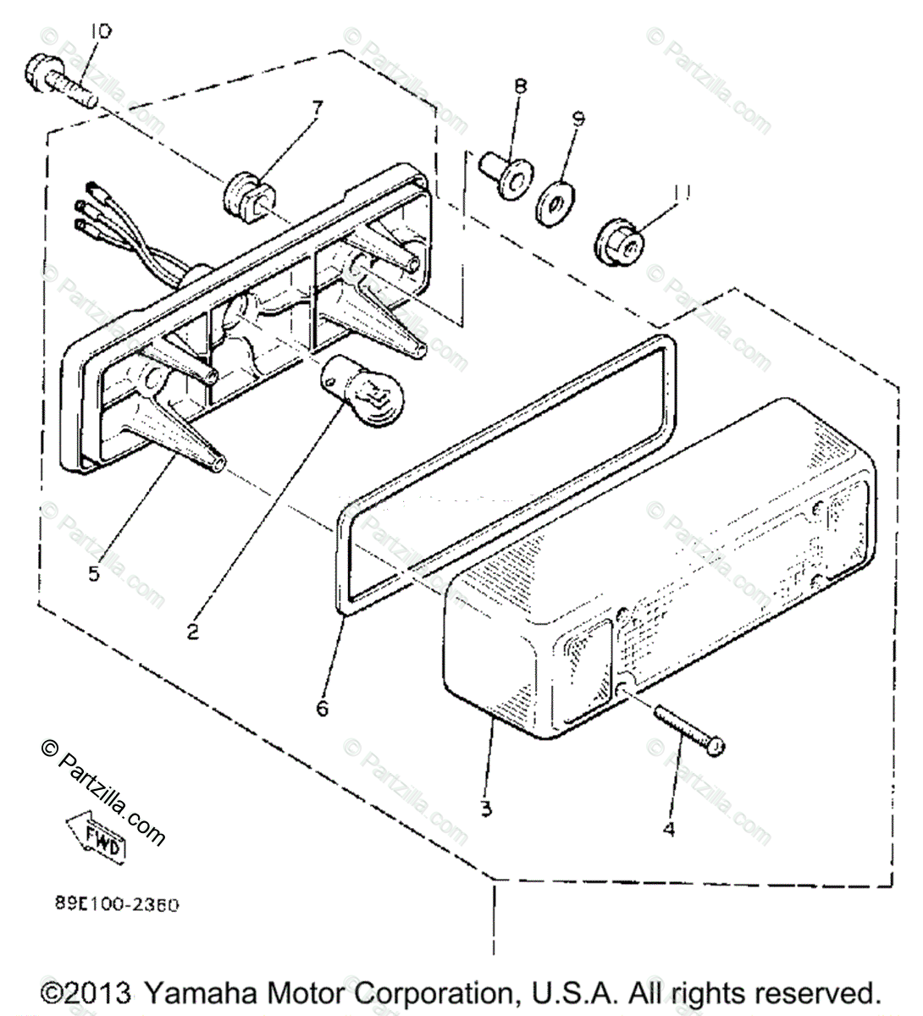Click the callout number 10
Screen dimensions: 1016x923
[100, 32]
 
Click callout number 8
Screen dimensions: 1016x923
[520, 86]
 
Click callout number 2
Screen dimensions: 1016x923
[194, 631]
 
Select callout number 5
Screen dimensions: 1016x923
[93, 573]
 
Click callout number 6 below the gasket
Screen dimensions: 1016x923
[323, 707]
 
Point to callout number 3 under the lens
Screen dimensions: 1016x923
[485, 809]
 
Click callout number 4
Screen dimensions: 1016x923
[669, 830]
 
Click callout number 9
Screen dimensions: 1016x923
[578, 119]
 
